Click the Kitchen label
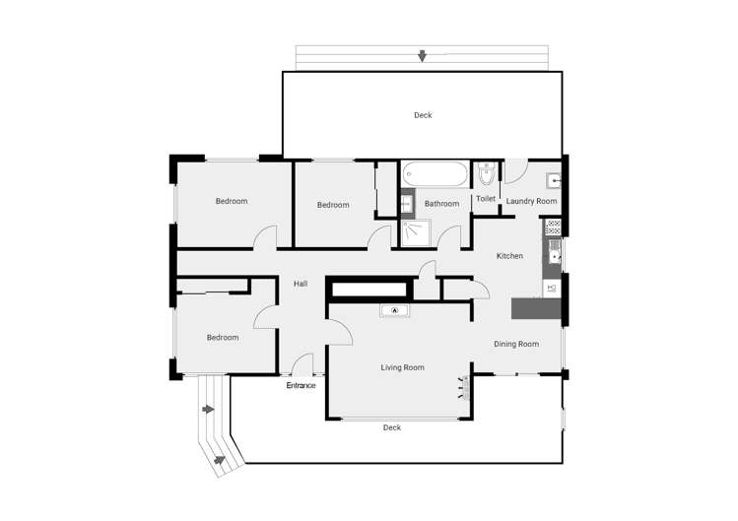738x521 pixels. coord(509,256)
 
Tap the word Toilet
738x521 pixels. coord(486,199)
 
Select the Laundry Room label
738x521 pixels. coord(531,201)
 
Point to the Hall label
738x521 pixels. coord(301,284)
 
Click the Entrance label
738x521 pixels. coord(301,385)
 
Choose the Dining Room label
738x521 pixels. coord(516,344)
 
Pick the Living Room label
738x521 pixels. coord(402,367)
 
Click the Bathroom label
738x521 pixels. coord(441,204)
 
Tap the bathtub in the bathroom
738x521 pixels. coord(436,174)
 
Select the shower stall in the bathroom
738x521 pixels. coord(416,233)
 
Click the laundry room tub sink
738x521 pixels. coord(554,180)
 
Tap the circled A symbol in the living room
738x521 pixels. coord(395,310)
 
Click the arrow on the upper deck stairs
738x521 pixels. coord(422,56)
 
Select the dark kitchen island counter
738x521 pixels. coord(536,308)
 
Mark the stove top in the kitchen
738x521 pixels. coord(554,228)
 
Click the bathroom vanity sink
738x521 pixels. coord(407,204)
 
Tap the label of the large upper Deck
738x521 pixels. coord(423,115)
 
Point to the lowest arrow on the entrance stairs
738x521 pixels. coord(220,460)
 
